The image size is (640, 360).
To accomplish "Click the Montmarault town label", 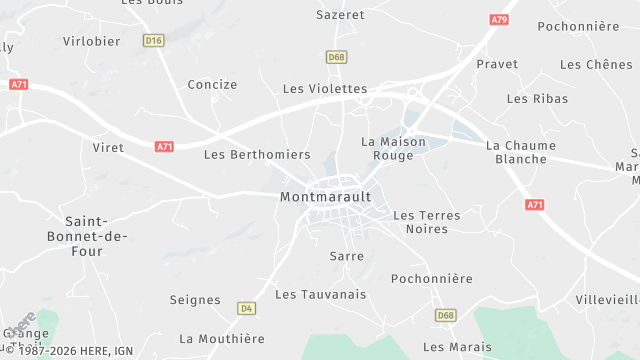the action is click(325, 197).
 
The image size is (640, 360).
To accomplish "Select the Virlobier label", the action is click(91, 41).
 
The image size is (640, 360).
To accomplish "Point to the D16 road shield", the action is click(153, 41).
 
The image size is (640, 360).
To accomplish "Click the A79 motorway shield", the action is click(499, 19).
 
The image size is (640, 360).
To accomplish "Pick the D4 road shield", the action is click(246, 308).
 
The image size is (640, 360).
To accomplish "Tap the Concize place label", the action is click(212, 85).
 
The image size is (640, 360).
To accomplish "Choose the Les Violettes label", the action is click(325, 89).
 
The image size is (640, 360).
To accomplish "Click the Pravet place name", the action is click(497, 64).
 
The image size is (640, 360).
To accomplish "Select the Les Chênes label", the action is click(596, 65).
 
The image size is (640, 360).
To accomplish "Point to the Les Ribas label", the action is click(537, 99).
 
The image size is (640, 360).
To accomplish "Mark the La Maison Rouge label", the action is click(393, 149).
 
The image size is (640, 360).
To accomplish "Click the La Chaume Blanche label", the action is click(520, 152).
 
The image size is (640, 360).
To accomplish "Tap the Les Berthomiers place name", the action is click(243, 155).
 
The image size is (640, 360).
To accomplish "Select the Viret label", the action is click(108, 148).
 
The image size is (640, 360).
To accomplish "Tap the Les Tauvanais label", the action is click(321, 294).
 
